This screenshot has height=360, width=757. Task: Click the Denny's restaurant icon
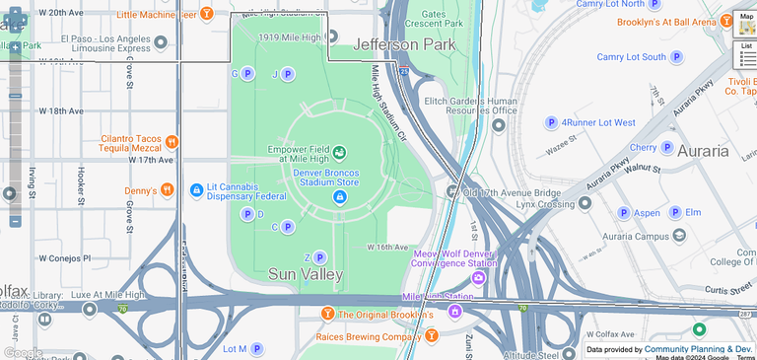tap(168, 190)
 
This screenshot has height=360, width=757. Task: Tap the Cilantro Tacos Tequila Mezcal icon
tap(172, 142)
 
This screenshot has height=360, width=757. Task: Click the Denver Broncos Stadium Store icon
tap(339, 197)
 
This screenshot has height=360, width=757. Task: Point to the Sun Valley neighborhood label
tap(306, 273)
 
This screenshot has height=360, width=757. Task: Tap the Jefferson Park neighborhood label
tap(404, 44)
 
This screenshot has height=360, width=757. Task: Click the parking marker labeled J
tap(287, 74)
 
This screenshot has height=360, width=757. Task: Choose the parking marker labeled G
tap(246, 74)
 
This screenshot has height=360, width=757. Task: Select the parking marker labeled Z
tap(318, 257)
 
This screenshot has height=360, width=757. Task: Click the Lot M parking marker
tap(256, 348)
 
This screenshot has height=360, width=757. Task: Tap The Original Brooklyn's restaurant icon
tap(327, 315)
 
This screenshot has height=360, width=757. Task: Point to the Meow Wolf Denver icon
tap(479, 277)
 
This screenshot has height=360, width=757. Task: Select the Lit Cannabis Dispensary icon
tap(196, 189)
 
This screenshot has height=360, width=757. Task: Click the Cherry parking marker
tap(667, 148)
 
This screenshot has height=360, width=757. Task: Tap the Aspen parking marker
tap(624, 213)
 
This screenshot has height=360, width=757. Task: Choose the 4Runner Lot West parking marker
tap(551, 122)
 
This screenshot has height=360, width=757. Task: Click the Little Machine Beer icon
tap(206, 14)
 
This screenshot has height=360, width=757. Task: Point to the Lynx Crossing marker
tap(585, 204)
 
